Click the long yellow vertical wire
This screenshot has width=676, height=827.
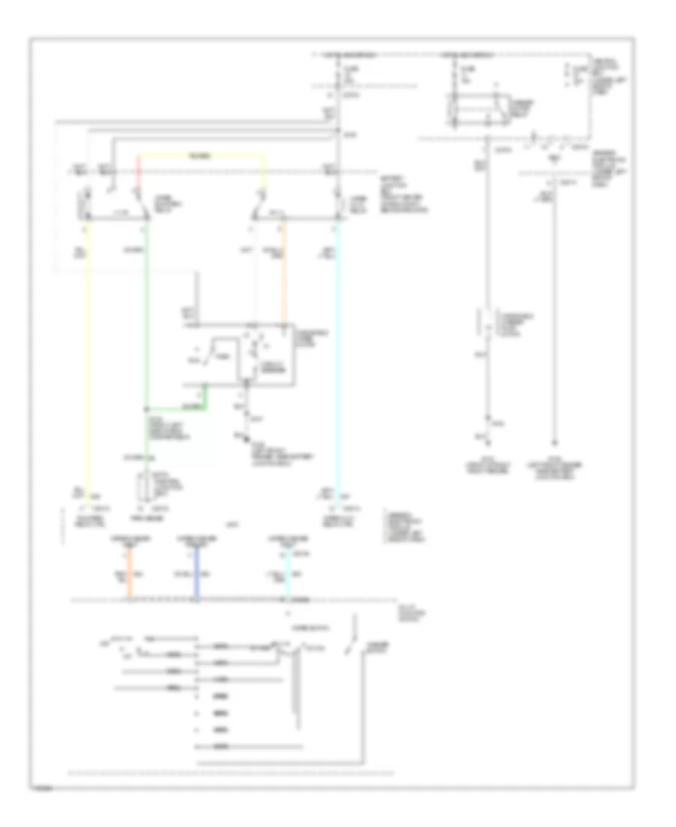click(88, 361)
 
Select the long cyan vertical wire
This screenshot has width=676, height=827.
click(338, 361)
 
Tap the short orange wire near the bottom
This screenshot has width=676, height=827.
click(131, 575)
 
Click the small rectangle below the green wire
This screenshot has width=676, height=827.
click(146, 487)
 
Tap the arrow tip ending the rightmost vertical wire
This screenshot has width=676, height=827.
click(555, 444)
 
